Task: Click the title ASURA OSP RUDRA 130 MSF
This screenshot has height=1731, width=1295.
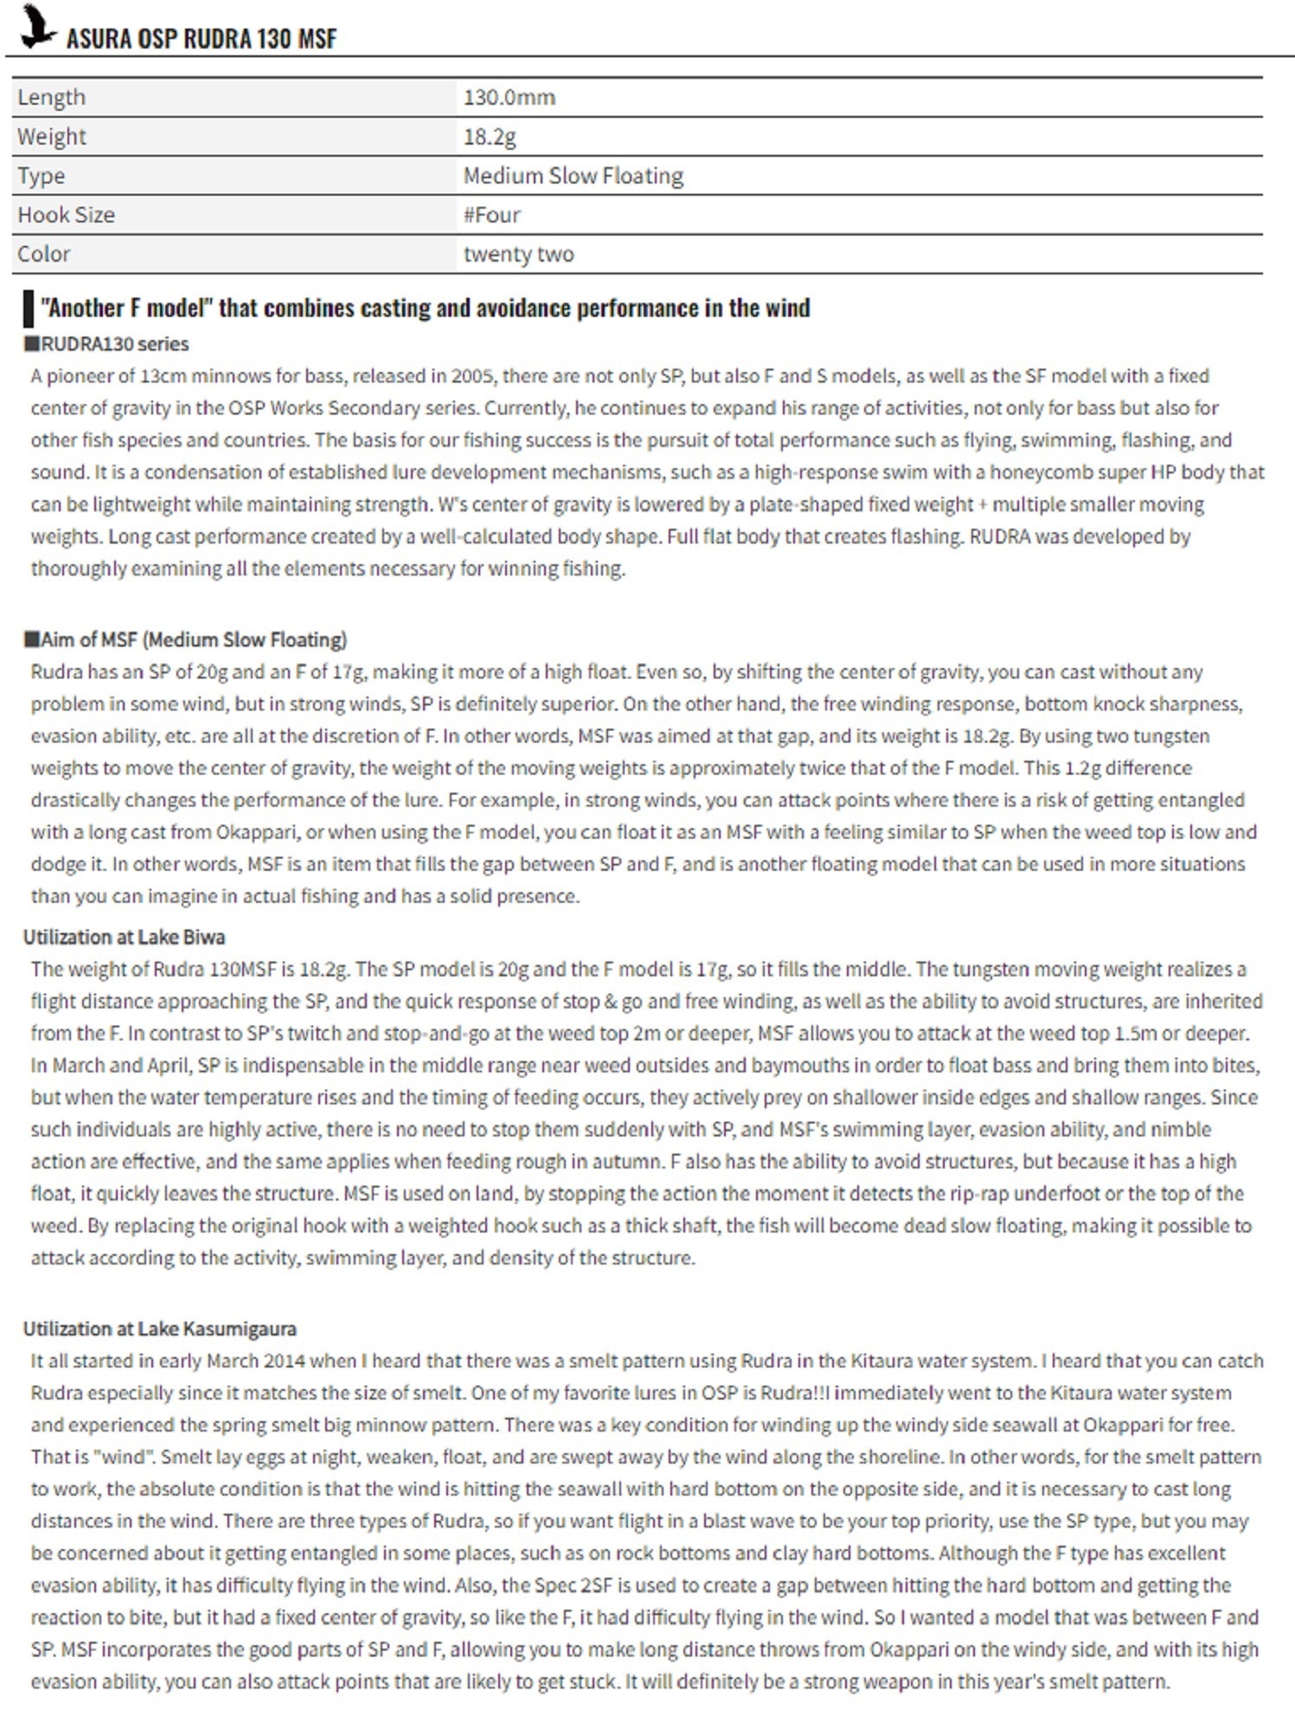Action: (201, 39)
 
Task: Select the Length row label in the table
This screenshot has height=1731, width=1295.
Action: (52, 97)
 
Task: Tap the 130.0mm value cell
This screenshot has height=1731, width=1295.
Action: (510, 97)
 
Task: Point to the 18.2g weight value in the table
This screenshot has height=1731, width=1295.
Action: (490, 137)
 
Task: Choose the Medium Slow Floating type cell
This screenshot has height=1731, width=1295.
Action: (573, 176)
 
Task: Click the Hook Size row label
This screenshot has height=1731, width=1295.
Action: (67, 215)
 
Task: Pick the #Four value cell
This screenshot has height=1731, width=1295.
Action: (492, 215)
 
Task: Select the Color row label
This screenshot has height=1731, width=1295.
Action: (44, 254)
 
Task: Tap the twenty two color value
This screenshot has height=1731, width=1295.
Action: (518, 254)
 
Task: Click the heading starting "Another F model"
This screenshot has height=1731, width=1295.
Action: (425, 308)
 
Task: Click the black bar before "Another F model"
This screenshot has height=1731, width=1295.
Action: (29, 309)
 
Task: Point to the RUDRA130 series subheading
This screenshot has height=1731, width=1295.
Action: (106, 344)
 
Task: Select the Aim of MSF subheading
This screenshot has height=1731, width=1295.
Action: (185, 640)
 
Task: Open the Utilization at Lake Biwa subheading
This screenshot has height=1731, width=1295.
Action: (124, 936)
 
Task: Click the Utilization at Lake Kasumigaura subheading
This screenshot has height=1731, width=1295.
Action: (159, 1329)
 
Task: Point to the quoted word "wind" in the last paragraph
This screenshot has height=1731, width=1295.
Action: (123, 1457)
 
